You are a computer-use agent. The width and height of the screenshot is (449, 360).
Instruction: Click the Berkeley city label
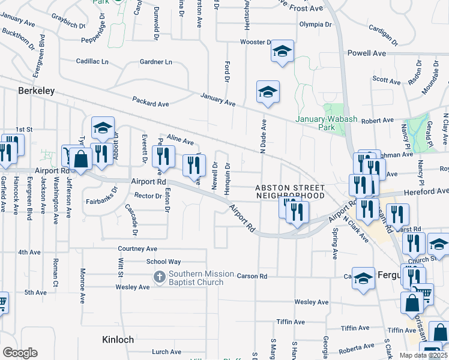pos(37,91)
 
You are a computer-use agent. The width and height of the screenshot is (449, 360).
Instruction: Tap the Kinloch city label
pos(118,339)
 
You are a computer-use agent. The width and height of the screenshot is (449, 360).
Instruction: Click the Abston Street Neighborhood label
pos(291,191)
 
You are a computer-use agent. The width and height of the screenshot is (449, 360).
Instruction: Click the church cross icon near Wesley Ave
pos(159,277)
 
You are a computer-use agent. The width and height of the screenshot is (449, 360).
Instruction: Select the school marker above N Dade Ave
pos(268,92)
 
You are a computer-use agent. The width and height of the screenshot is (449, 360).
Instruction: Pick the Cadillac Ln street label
pos(92,61)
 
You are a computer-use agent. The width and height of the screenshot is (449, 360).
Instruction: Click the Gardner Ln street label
pos(155,62)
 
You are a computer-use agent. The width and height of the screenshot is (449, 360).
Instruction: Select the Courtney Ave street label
pos(137,248)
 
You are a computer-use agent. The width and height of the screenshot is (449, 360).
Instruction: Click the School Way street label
pos(163,262)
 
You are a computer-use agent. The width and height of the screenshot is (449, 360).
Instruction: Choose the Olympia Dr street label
pos(315,25)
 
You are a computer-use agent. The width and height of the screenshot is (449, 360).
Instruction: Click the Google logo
pos(20,352)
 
